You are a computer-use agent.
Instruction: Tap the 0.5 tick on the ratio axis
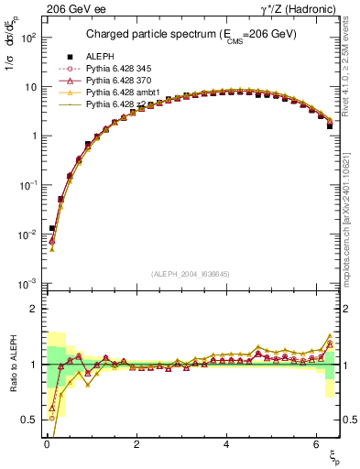(x=28, y=420)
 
